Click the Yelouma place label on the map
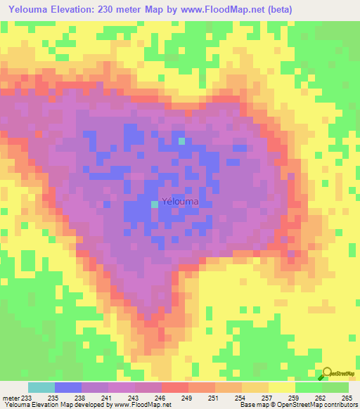[x=180, y=202]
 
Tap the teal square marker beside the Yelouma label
[x=155, y=204]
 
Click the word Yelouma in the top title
[x=31, y=10]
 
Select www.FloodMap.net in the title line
[x=212, y=10]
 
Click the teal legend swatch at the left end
[x=41, y=387]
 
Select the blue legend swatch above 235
[x=68, y=387]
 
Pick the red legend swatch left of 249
[x=175, y=387]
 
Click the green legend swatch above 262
[x=309, y=387]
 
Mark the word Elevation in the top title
[x=84, y=10]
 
